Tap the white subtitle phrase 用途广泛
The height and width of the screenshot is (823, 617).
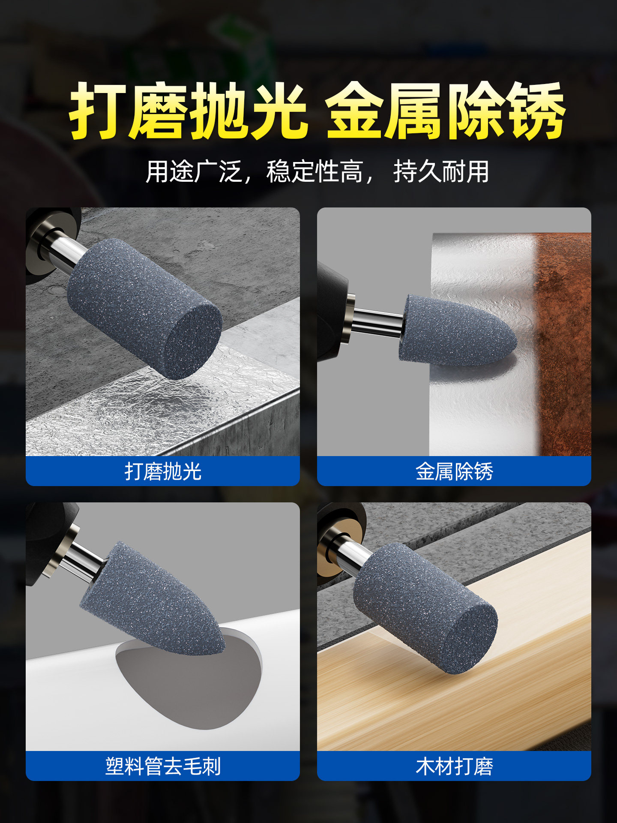194,172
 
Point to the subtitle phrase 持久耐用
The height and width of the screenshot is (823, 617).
441,172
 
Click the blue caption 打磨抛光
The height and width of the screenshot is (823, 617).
163,472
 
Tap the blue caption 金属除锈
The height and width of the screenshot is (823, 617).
454,472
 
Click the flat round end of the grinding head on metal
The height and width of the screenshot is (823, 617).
193,339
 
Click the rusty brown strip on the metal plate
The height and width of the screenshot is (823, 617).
563,343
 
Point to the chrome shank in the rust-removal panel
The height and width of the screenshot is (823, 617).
377,321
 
